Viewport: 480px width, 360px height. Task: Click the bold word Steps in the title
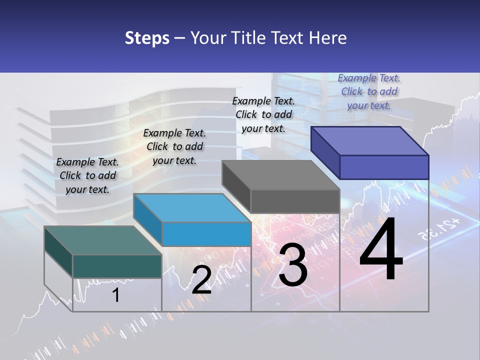(x=147, y=38)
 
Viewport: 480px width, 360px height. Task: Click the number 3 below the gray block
(x=293, y=265)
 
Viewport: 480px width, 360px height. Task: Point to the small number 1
(x=115, y=295)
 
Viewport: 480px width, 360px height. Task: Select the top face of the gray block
(x=280, y=175)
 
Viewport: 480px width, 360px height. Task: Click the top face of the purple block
(x=369, y=140)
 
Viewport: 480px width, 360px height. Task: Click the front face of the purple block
(x=384, y=167)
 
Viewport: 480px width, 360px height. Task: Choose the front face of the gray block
(x=295, y=201)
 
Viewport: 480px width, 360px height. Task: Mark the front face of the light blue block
(x=206, y=234)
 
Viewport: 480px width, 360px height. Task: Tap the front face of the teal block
(x=117, y=266)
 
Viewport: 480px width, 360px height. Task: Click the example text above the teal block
(x=87, y=175)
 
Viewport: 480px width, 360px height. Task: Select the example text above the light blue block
(x=174, y=146)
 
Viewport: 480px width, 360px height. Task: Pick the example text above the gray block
(x=263, y=114)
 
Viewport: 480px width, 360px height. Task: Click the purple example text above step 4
(x=369, y=91)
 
